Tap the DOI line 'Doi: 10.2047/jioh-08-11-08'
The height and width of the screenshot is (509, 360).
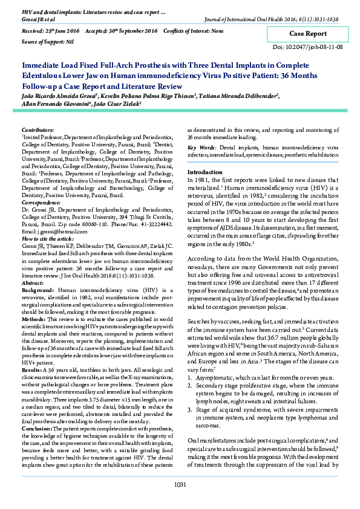(308, 47)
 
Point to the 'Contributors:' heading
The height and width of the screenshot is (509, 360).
(38, 130)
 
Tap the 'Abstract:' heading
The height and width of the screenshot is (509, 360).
(33, 282)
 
